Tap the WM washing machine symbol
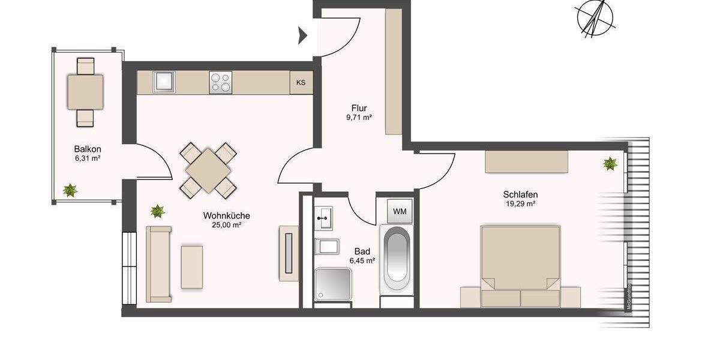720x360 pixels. click(x=399, y=211)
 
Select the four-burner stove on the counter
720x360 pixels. click(x=220, y=82)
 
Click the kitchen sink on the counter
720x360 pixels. click(x=163, y=82)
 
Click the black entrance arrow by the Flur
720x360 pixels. click(x=303, y=36)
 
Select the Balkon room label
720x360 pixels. click(x=87, y=149)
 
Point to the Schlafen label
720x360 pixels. click(x=520, y=194)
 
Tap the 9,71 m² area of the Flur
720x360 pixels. click(x=359, y=118)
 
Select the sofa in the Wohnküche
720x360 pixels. click(x=159, y=264)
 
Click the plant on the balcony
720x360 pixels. click(x=70, y=190)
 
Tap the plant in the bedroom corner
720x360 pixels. click(x=610, y=163)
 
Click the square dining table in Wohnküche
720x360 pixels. click(x=208, y=170)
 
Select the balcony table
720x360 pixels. click(x=85, y=92)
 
